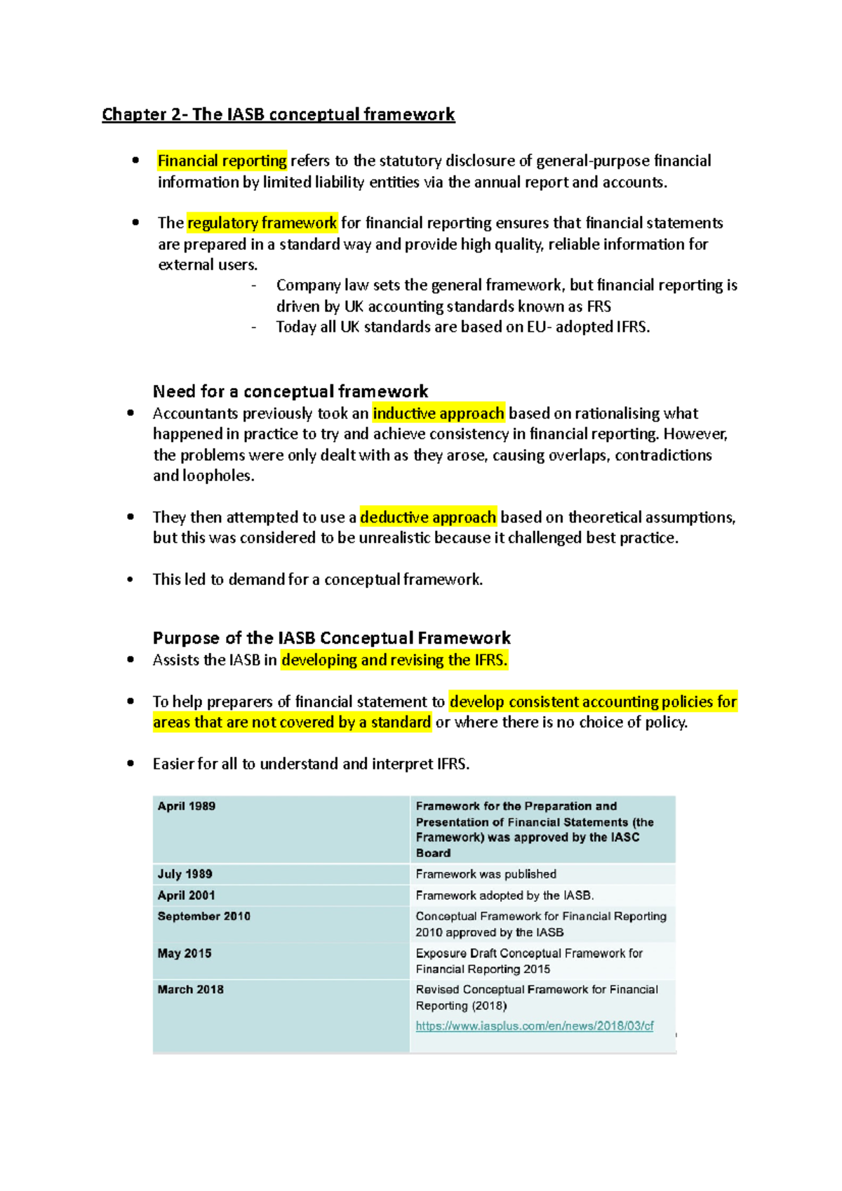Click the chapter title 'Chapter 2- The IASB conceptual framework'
[x=278, y=114]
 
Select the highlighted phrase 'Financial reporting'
[x=222, y=161]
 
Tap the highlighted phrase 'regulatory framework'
[x=262, y=223]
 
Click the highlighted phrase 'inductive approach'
[x=439, y=413]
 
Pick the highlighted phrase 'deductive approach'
[x=428, y=517]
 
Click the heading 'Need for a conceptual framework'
[x=290, y=391]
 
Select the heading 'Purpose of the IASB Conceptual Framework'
[x=331, y=638]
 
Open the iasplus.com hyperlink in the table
[x=534, y=1025]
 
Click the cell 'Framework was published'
[x=486, y=874]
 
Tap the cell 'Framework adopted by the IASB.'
[x=504, y=895]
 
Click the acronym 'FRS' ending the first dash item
[x=599, y=307]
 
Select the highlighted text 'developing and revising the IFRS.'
[x=394, y=660]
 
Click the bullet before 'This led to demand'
[x=131, y=579]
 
